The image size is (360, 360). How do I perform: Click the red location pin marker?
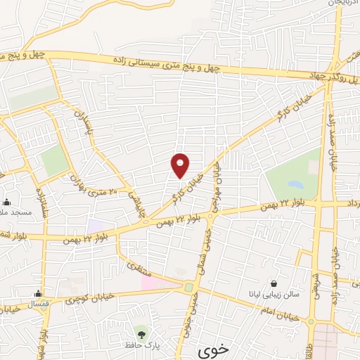pyautogui.click(x=180, y=165)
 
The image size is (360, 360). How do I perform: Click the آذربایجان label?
pyautogui.click(x=342, y=4)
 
